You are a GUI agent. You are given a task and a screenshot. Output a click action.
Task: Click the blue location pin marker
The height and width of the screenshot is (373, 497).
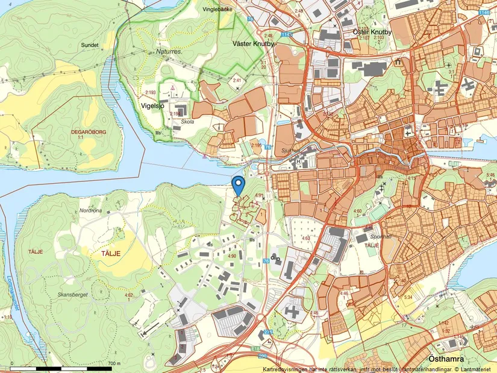239,184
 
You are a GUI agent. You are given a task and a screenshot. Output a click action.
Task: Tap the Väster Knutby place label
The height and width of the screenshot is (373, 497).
253,43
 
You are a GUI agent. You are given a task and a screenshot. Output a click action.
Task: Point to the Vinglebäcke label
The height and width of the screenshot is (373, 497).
217,10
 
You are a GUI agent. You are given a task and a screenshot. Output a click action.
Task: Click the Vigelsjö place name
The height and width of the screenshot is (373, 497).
152,104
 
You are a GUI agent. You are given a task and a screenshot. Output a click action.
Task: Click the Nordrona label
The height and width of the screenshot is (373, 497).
91,211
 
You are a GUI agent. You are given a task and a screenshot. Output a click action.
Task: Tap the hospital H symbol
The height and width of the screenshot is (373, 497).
298,161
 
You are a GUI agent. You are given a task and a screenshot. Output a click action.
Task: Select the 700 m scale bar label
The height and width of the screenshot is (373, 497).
113,363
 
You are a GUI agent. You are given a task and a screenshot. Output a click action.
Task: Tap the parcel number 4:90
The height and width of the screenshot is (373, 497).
231,256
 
